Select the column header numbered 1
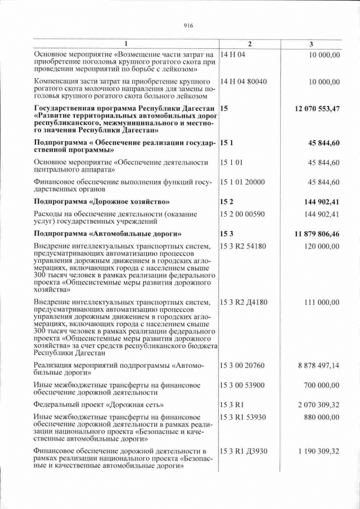tap(125, 44)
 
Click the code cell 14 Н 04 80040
tap(244, 82)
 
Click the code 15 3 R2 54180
tap(245, 246)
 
